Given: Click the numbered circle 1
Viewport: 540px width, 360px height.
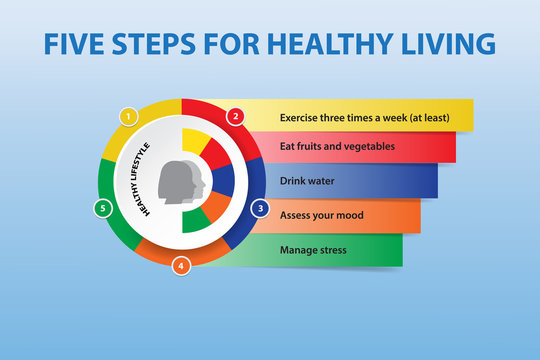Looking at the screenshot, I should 127,116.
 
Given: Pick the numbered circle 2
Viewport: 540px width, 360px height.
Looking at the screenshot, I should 236,116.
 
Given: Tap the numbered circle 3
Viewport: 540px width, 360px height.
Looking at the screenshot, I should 259,209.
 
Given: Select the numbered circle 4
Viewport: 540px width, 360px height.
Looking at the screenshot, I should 180,266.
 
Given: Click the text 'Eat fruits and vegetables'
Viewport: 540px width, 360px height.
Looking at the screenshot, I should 337,146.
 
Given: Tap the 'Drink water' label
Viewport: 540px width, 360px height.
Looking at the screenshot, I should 307,181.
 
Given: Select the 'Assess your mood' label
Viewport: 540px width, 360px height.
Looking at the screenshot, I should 321,215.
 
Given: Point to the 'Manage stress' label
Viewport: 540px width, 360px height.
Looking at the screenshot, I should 313,249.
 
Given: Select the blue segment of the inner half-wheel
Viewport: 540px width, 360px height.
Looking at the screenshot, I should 222,181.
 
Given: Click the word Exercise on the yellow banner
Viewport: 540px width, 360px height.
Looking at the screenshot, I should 302,116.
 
